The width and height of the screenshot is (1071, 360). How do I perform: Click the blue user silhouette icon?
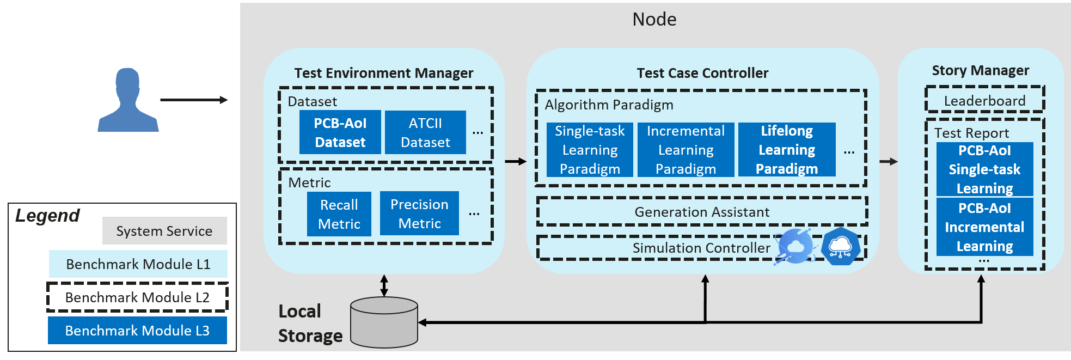128,101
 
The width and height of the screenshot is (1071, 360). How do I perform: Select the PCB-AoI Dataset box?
340,132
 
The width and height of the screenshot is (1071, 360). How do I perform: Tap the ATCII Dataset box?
425,132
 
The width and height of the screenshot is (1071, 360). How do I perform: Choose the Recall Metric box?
339,214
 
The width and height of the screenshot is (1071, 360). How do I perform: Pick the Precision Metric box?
419,213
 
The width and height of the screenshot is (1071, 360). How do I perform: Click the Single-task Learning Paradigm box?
590,150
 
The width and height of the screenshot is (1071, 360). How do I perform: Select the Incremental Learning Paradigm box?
686,150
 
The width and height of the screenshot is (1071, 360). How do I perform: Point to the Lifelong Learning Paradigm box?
786,150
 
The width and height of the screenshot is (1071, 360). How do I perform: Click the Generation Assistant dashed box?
702,212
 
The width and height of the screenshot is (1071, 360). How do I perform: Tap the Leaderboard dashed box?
984,101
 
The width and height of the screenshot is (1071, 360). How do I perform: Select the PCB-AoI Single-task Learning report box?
984,169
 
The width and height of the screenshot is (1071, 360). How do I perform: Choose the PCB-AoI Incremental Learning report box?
984,227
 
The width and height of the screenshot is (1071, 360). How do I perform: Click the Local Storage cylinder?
384,322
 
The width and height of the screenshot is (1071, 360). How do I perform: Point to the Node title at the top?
654,20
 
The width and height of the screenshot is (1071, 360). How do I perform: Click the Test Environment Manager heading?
383,73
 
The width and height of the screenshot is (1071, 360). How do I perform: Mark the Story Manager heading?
980,70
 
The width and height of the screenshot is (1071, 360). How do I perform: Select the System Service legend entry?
164,231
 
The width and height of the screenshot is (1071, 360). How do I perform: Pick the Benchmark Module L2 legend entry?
137,297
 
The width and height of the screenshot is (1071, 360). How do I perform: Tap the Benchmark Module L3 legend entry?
137,331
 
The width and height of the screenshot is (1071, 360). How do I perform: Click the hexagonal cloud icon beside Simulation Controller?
840,247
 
